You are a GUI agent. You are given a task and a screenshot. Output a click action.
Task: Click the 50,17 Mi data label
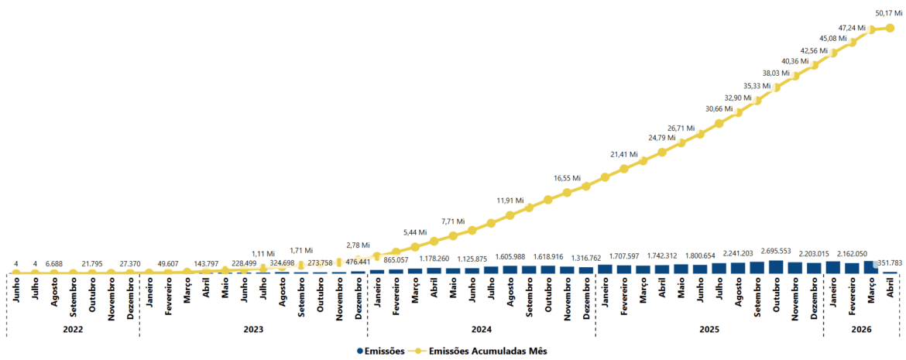point(888,13)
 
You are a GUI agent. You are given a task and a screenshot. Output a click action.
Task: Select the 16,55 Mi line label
point(568,178)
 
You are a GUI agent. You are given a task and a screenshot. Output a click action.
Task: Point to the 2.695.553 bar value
point(777,252)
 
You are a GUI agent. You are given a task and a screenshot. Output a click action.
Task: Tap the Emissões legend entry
point(381,351)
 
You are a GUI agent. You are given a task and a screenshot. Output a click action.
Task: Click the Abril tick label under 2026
point(890,290)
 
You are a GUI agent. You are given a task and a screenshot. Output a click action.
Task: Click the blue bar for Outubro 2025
point(776,267)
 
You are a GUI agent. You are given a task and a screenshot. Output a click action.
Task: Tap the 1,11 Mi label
point(263,254)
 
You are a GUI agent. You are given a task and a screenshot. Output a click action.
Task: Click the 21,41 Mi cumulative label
point(625,155)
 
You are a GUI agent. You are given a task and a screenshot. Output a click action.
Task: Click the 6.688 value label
point(53,264)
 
